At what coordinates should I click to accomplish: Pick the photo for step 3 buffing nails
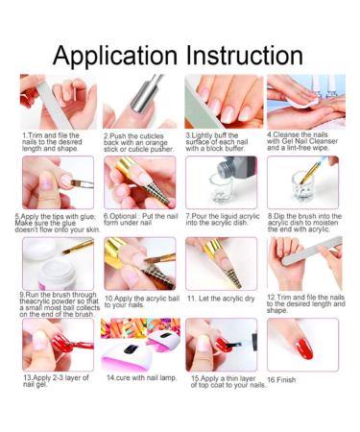pyautogui.click(x=221, y=101)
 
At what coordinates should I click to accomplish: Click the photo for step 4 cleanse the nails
pyautogui.click(x=302, y=101)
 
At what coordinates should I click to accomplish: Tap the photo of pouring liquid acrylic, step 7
pyautogui.click(x=221, y=182)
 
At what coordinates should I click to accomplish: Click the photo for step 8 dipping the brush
pyautogui.click(x=302, y=182)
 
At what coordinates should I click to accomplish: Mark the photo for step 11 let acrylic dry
pyautogui.click(x=221, y=264)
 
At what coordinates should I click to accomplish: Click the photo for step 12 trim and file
pyautogui.click(x=302, y=264)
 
